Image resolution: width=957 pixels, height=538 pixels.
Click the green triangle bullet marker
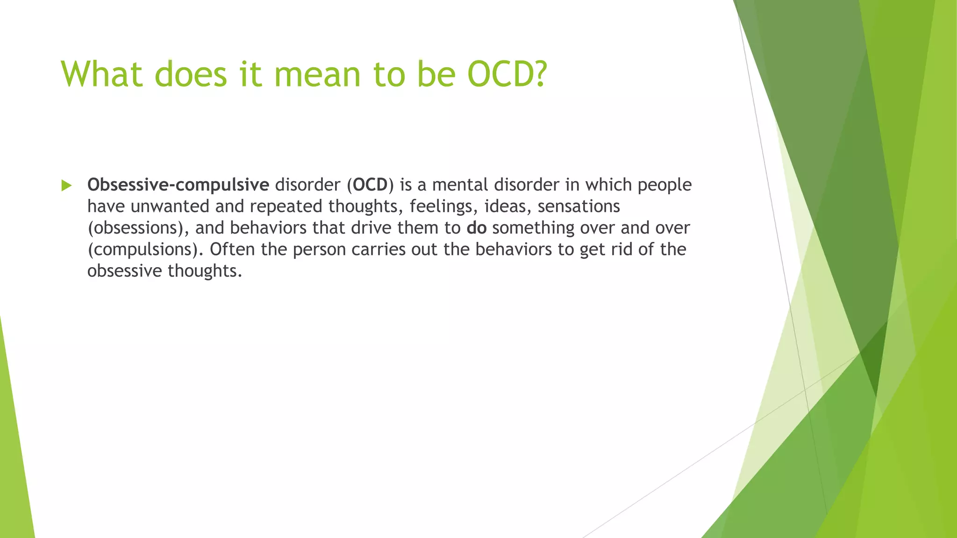click(66, 185)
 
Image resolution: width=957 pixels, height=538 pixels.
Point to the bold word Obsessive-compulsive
click(178, 185)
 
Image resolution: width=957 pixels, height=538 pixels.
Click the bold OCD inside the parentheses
click(370, 185)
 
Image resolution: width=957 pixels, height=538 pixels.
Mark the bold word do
click(477, 228)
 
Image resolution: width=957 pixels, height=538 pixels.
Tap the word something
click(533, 228)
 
